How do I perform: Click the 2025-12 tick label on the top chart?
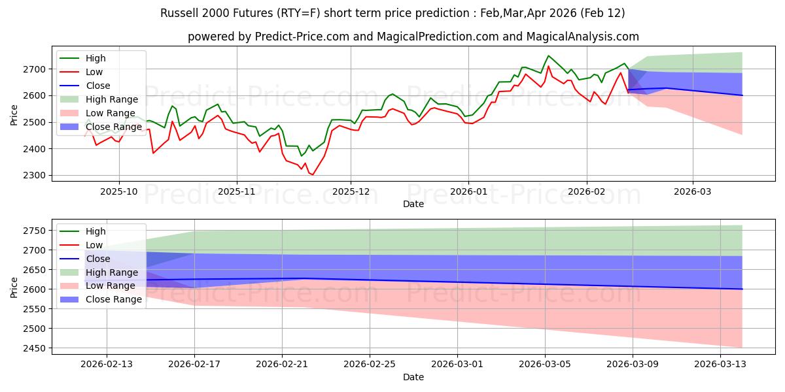[351, 192]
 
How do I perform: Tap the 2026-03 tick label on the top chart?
[693, 192]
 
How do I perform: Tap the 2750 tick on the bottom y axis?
[37, 231]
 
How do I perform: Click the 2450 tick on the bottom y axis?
[37, 348]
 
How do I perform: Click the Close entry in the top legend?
[98, 86]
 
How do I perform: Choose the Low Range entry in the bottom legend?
[111, 286]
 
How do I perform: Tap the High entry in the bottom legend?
[96, 231]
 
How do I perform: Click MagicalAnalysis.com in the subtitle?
[586, 37]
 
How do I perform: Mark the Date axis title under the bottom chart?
[413, 377]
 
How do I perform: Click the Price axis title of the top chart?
[14, 114]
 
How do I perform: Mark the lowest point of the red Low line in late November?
[312, 175]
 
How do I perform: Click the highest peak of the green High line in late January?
[548, 56]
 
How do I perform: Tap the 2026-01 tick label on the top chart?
[468, 192]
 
